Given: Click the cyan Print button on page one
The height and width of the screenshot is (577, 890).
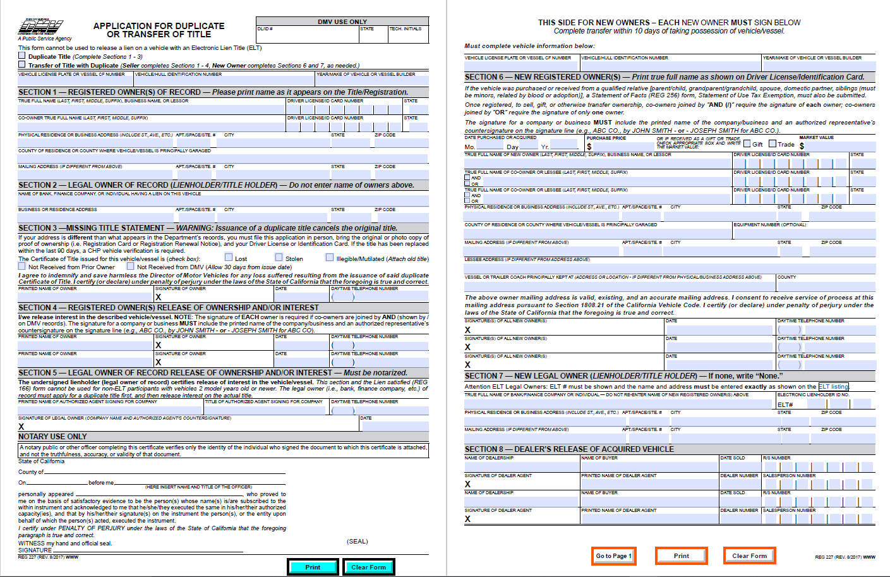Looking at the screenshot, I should pos(312,567).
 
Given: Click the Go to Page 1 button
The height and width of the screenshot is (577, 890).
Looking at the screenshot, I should pos(613,556).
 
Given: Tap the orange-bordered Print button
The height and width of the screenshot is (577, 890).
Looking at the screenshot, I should pos(681,556).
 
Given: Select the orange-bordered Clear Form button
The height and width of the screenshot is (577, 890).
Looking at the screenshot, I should pos(749,556).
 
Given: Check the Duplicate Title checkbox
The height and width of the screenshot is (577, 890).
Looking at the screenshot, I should pos(22,56).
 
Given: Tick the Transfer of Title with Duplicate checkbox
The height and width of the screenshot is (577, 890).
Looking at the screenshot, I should pos(22,64).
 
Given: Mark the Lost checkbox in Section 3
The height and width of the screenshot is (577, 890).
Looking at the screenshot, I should pos(229,257).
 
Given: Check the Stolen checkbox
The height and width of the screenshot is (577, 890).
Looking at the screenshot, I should pos(279,257).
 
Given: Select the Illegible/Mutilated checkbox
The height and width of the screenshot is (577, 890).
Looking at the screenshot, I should pos(329,257).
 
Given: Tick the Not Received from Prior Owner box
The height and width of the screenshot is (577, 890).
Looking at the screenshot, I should pos(22,266).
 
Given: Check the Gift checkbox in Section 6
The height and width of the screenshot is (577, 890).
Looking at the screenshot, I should pos(747,143).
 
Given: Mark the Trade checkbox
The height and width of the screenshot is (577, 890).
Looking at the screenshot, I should pos(772,143).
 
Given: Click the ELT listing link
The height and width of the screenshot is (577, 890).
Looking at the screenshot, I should pos(833,386).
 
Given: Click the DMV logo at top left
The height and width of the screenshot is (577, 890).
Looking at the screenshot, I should pos(40,27).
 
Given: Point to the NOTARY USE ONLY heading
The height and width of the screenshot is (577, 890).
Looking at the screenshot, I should pos(52,437).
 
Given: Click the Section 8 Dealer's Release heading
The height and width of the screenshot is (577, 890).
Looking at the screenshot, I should pos(569,449).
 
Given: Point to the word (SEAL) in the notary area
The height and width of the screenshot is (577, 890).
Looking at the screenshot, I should pos(357,541).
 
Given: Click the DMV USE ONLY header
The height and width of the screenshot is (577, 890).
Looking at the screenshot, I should pos(342,21).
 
